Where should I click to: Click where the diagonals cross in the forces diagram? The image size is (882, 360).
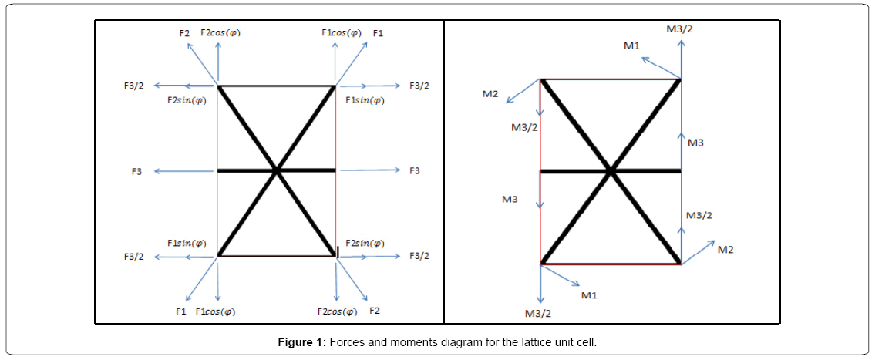click(x=276, y=170)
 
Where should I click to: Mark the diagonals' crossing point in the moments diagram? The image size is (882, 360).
click(x=611, y=170)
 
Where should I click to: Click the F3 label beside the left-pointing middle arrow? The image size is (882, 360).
click(x=136, y=170)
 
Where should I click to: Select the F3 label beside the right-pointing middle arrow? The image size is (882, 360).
click(x=415, y=170)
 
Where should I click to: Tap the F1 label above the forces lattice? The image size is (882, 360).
click(x=378, y=33)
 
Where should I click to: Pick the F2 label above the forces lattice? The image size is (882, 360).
click(x=183, y=33)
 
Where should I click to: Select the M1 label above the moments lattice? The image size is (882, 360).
click(x=631, y=46)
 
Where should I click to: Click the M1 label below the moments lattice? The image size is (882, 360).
click(x=588, y=294)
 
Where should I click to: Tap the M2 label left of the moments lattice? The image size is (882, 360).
click(x=490, y=94)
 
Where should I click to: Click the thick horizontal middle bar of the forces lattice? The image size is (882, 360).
click(x=247, y=170)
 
